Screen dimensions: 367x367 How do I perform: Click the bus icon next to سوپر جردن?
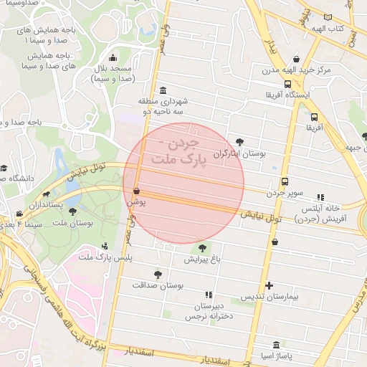pyautogui.click(x=285, y=181)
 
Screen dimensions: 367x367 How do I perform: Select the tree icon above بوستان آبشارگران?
pyautogui.click(x=239, y=142)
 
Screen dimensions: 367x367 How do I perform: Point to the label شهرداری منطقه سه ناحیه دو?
pyautogui.click(x=164, y=107)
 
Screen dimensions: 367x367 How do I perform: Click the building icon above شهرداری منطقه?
pyautogui.click(x=164, y=90)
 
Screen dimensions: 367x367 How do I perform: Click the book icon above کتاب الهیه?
pyautogui.click(x=328, y=16)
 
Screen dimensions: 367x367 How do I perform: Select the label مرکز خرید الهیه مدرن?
pyautogui.click(x=297, y=70)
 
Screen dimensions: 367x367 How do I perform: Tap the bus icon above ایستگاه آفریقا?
pyautogui.click(x=287, y=83)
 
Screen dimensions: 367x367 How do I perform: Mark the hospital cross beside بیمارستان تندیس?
pyautogui.click(x=269, y=285)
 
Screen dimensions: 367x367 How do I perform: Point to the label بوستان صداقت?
pyautogui.click(x=158, y=285)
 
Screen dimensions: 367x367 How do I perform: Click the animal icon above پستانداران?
pyautogui.click(x=47, y=194)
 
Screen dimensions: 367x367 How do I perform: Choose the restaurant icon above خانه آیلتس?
pyautogui.click(x=320, y=196)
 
